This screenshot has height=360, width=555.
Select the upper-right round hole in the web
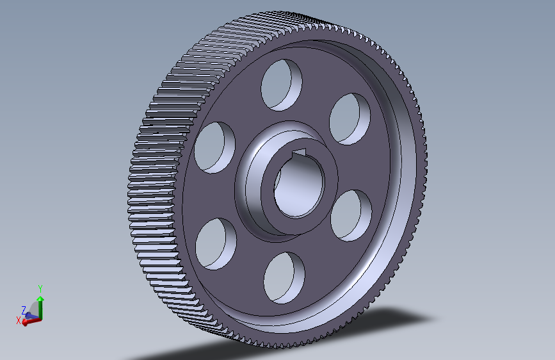tap(351, 119)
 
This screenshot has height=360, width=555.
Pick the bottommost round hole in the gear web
tap(284, 276)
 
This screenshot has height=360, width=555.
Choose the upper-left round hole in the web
tap(214, 147)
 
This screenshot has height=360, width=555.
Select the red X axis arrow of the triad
tap(29, 322)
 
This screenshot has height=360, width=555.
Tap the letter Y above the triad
tap(40, 288)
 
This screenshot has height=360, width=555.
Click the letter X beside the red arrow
tap(19, 320)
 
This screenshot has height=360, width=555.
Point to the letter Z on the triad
tap(24, 309)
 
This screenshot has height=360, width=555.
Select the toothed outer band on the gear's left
tap(160, 192)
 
